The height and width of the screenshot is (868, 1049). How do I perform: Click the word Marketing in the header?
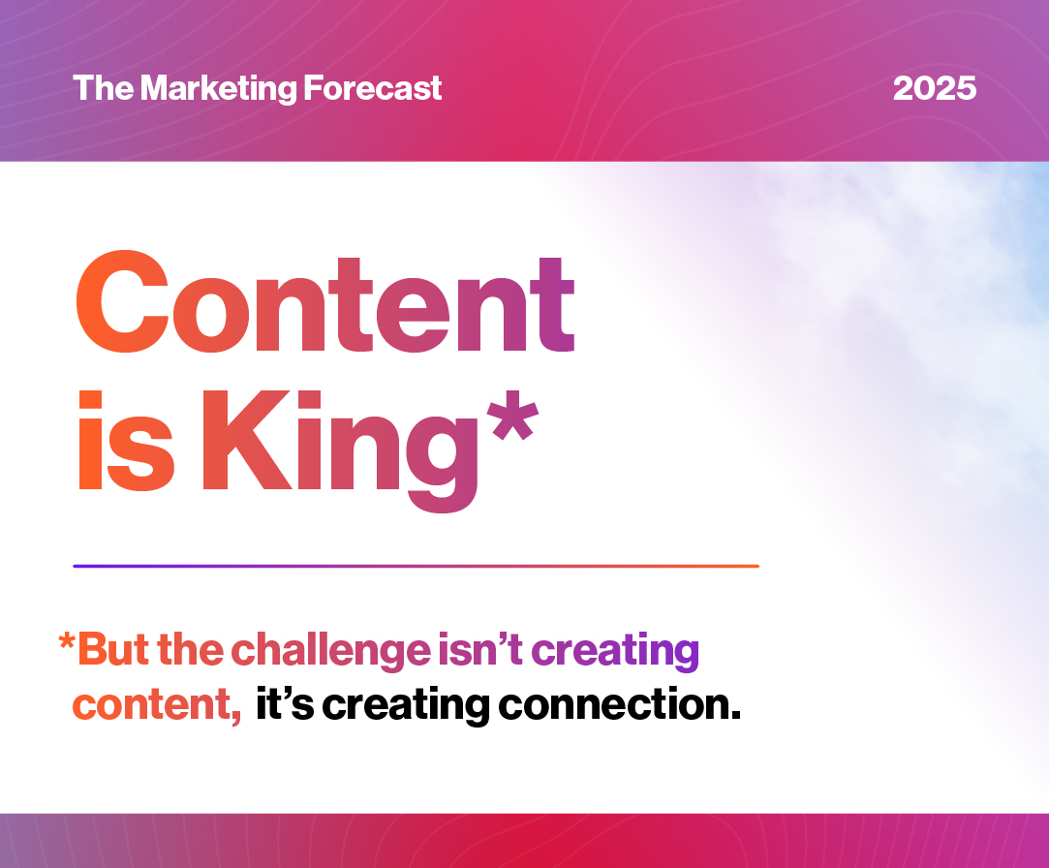tap(218, 89)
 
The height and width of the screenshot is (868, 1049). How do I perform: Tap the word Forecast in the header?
tap(373, 88)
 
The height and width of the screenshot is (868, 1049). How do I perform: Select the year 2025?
tap(935, 88)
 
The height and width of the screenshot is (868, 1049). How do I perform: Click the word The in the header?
tap(103, 87)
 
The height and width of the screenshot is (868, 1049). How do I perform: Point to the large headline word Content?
tap(325, 301)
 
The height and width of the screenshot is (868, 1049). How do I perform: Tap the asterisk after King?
tap(512, 416)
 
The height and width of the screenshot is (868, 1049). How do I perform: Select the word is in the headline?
tap(127, 441)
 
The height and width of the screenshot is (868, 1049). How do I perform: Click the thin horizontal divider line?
tap(417, 566)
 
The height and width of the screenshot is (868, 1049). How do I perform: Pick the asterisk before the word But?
tap(66, 641)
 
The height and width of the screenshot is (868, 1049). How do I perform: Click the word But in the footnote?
tap(114, 649)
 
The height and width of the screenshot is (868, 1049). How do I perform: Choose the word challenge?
tap(331, 650)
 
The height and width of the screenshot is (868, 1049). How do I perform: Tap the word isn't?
tap(479, 649)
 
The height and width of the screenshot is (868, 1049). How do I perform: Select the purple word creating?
tap(615, 651)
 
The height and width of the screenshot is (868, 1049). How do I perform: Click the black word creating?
tap(406, 706)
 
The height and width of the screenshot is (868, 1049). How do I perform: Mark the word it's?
tap(285, 704)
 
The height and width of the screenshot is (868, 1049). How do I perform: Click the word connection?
tap(620, 704)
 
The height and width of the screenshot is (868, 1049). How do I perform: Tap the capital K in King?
tap(253, 441)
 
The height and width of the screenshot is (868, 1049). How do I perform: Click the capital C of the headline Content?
tap(121, 301)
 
